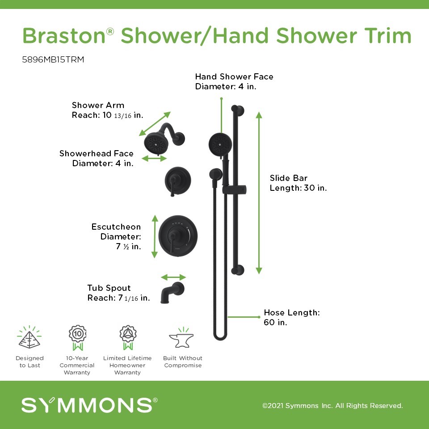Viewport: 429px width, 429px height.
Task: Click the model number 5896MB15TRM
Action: point(53,59)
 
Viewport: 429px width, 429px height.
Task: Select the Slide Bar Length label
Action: point(298,183)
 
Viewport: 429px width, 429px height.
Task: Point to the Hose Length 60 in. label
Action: point(292,317)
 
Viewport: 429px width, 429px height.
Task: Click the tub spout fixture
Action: point(172,292)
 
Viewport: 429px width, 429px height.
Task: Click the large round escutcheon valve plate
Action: point(178,236)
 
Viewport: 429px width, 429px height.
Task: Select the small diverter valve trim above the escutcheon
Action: point(177,181)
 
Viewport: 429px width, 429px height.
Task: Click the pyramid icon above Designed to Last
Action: point(29,337)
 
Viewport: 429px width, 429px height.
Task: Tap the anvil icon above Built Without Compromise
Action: point(181,338)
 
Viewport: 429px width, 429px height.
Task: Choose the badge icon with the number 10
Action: point(77,338)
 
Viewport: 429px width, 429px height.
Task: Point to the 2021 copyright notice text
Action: point(332,405)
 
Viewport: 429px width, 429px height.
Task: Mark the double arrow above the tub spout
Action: point(173,277)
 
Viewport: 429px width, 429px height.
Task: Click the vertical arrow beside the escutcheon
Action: point(155,236)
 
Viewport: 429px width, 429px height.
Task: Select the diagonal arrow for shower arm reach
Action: point(155,124)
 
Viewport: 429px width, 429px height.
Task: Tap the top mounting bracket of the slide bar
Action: point(237,110)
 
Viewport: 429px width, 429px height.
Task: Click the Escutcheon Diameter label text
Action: point(116,236)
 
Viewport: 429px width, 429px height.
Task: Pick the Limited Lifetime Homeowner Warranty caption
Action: point(127,365)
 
